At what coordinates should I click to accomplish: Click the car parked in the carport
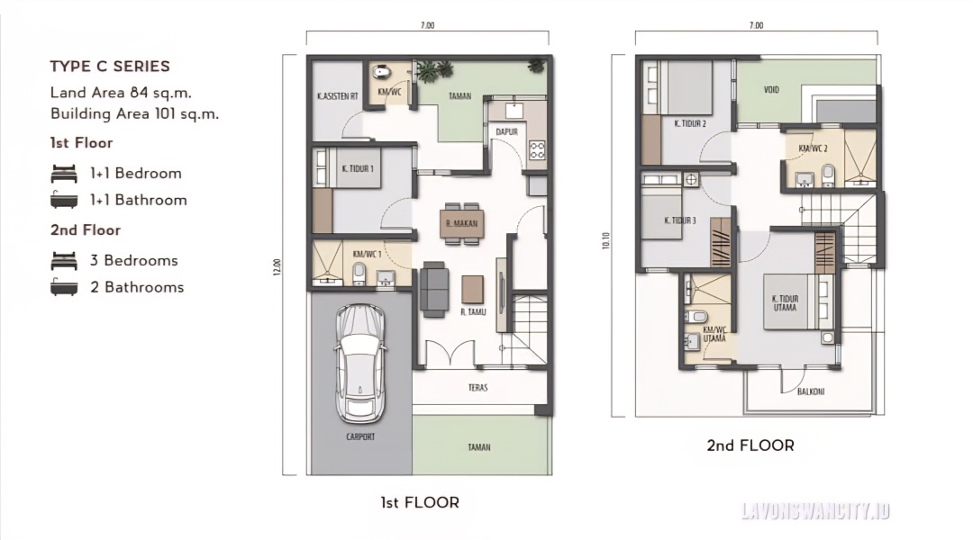360,364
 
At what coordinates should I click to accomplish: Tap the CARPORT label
360,436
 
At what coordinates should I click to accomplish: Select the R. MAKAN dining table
461,224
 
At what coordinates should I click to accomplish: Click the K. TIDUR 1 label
358,168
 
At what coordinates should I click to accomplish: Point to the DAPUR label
507,131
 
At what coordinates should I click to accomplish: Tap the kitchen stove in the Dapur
537,150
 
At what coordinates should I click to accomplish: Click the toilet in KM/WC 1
359,274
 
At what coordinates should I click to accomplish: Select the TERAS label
477,388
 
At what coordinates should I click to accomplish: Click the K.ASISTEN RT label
338,96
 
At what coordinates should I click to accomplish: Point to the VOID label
771,90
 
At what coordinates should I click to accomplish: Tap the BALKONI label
811,391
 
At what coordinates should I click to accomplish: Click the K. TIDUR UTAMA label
785,303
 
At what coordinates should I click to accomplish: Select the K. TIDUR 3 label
680,220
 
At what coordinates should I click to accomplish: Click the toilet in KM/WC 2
829,175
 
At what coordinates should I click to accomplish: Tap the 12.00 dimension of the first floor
277,266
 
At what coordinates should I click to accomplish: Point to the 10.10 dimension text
605,240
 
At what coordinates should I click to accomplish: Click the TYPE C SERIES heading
110,67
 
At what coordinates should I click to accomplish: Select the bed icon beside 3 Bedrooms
64,261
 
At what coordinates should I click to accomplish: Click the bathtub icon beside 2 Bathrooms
64,287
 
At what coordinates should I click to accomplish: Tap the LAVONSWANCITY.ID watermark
815,511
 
